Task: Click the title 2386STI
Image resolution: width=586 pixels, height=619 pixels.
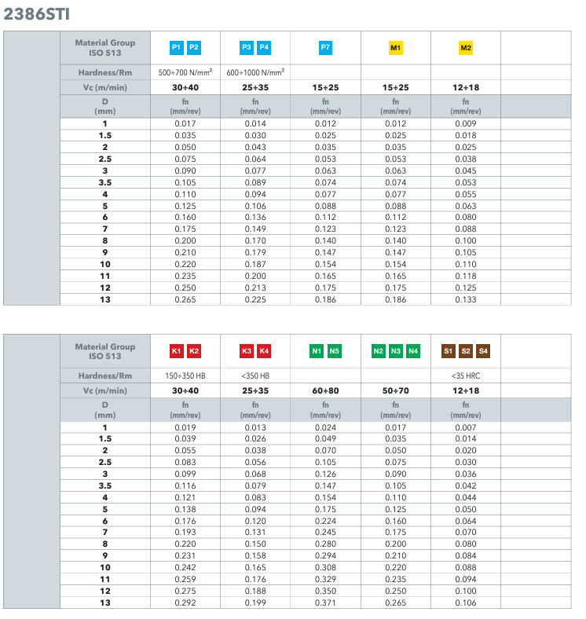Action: (x=38, y=13)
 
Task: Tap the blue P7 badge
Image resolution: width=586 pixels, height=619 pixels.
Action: (x=325, y=48)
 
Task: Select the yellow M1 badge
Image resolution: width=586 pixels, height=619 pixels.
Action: (x=396, y=48)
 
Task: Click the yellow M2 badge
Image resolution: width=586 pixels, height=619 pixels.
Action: (x=466, y=48)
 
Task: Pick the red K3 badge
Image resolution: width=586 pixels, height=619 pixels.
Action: (x=247, y=351)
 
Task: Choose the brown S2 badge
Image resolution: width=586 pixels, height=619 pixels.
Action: (x=466, y=351)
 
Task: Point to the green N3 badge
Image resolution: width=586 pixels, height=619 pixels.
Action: (x=396, y=351)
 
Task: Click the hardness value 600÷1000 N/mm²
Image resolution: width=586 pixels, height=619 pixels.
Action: (x=255, y=72)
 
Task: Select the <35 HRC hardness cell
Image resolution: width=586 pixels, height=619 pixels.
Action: (x=466, y=375)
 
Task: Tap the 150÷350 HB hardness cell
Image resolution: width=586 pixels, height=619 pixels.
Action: (x=185, y=375)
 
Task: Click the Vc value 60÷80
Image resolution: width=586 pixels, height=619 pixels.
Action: (x=325, y=390)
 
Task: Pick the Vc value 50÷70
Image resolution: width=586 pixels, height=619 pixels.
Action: (x=396, y=390)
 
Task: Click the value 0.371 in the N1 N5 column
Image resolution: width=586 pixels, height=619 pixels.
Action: (x=325, y=602)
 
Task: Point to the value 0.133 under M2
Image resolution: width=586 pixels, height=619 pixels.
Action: (x=466, y=299)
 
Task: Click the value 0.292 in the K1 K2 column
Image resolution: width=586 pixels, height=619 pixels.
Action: (x=185, y=602)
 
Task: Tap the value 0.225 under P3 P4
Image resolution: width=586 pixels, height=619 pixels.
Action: (x=255, y=299)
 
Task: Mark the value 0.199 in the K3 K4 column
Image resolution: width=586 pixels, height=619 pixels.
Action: (x=255, y=602)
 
